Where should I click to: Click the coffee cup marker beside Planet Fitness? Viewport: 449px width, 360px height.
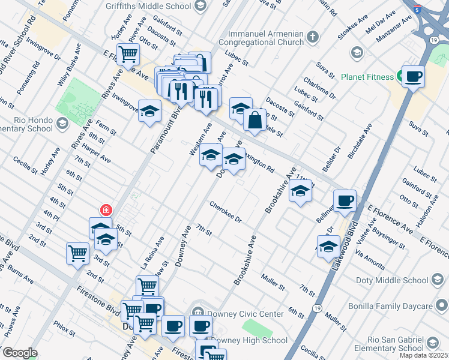point(414,76)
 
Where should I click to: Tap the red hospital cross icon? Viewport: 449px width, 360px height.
point(106,209)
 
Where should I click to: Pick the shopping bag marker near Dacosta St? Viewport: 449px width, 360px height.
point(255,119)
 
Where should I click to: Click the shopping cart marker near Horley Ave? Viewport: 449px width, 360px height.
point(128,54)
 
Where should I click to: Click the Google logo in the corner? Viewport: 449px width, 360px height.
point(19,353)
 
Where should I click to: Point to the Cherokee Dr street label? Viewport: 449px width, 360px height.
point(225,212)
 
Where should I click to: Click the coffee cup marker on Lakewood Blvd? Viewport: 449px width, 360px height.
point(345,201)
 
